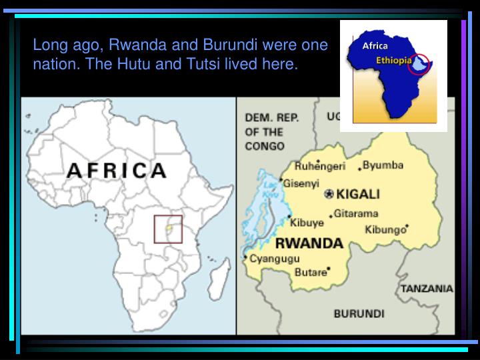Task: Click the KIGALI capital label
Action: [358, 194]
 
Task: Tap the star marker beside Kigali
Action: [328, 194]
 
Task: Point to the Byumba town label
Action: [383, 165]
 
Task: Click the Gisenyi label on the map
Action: [301, 183]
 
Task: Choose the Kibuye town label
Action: [307, 223]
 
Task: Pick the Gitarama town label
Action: [356, 214]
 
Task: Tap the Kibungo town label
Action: [385, 230]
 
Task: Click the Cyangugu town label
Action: [275, 259]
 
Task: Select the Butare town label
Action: [311, 271]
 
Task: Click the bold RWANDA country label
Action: [309, 243]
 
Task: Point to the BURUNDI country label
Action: [359, 313]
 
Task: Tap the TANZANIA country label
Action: [427, 289]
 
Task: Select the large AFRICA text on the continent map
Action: [117, 170]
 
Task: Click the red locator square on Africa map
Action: [168, 229]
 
